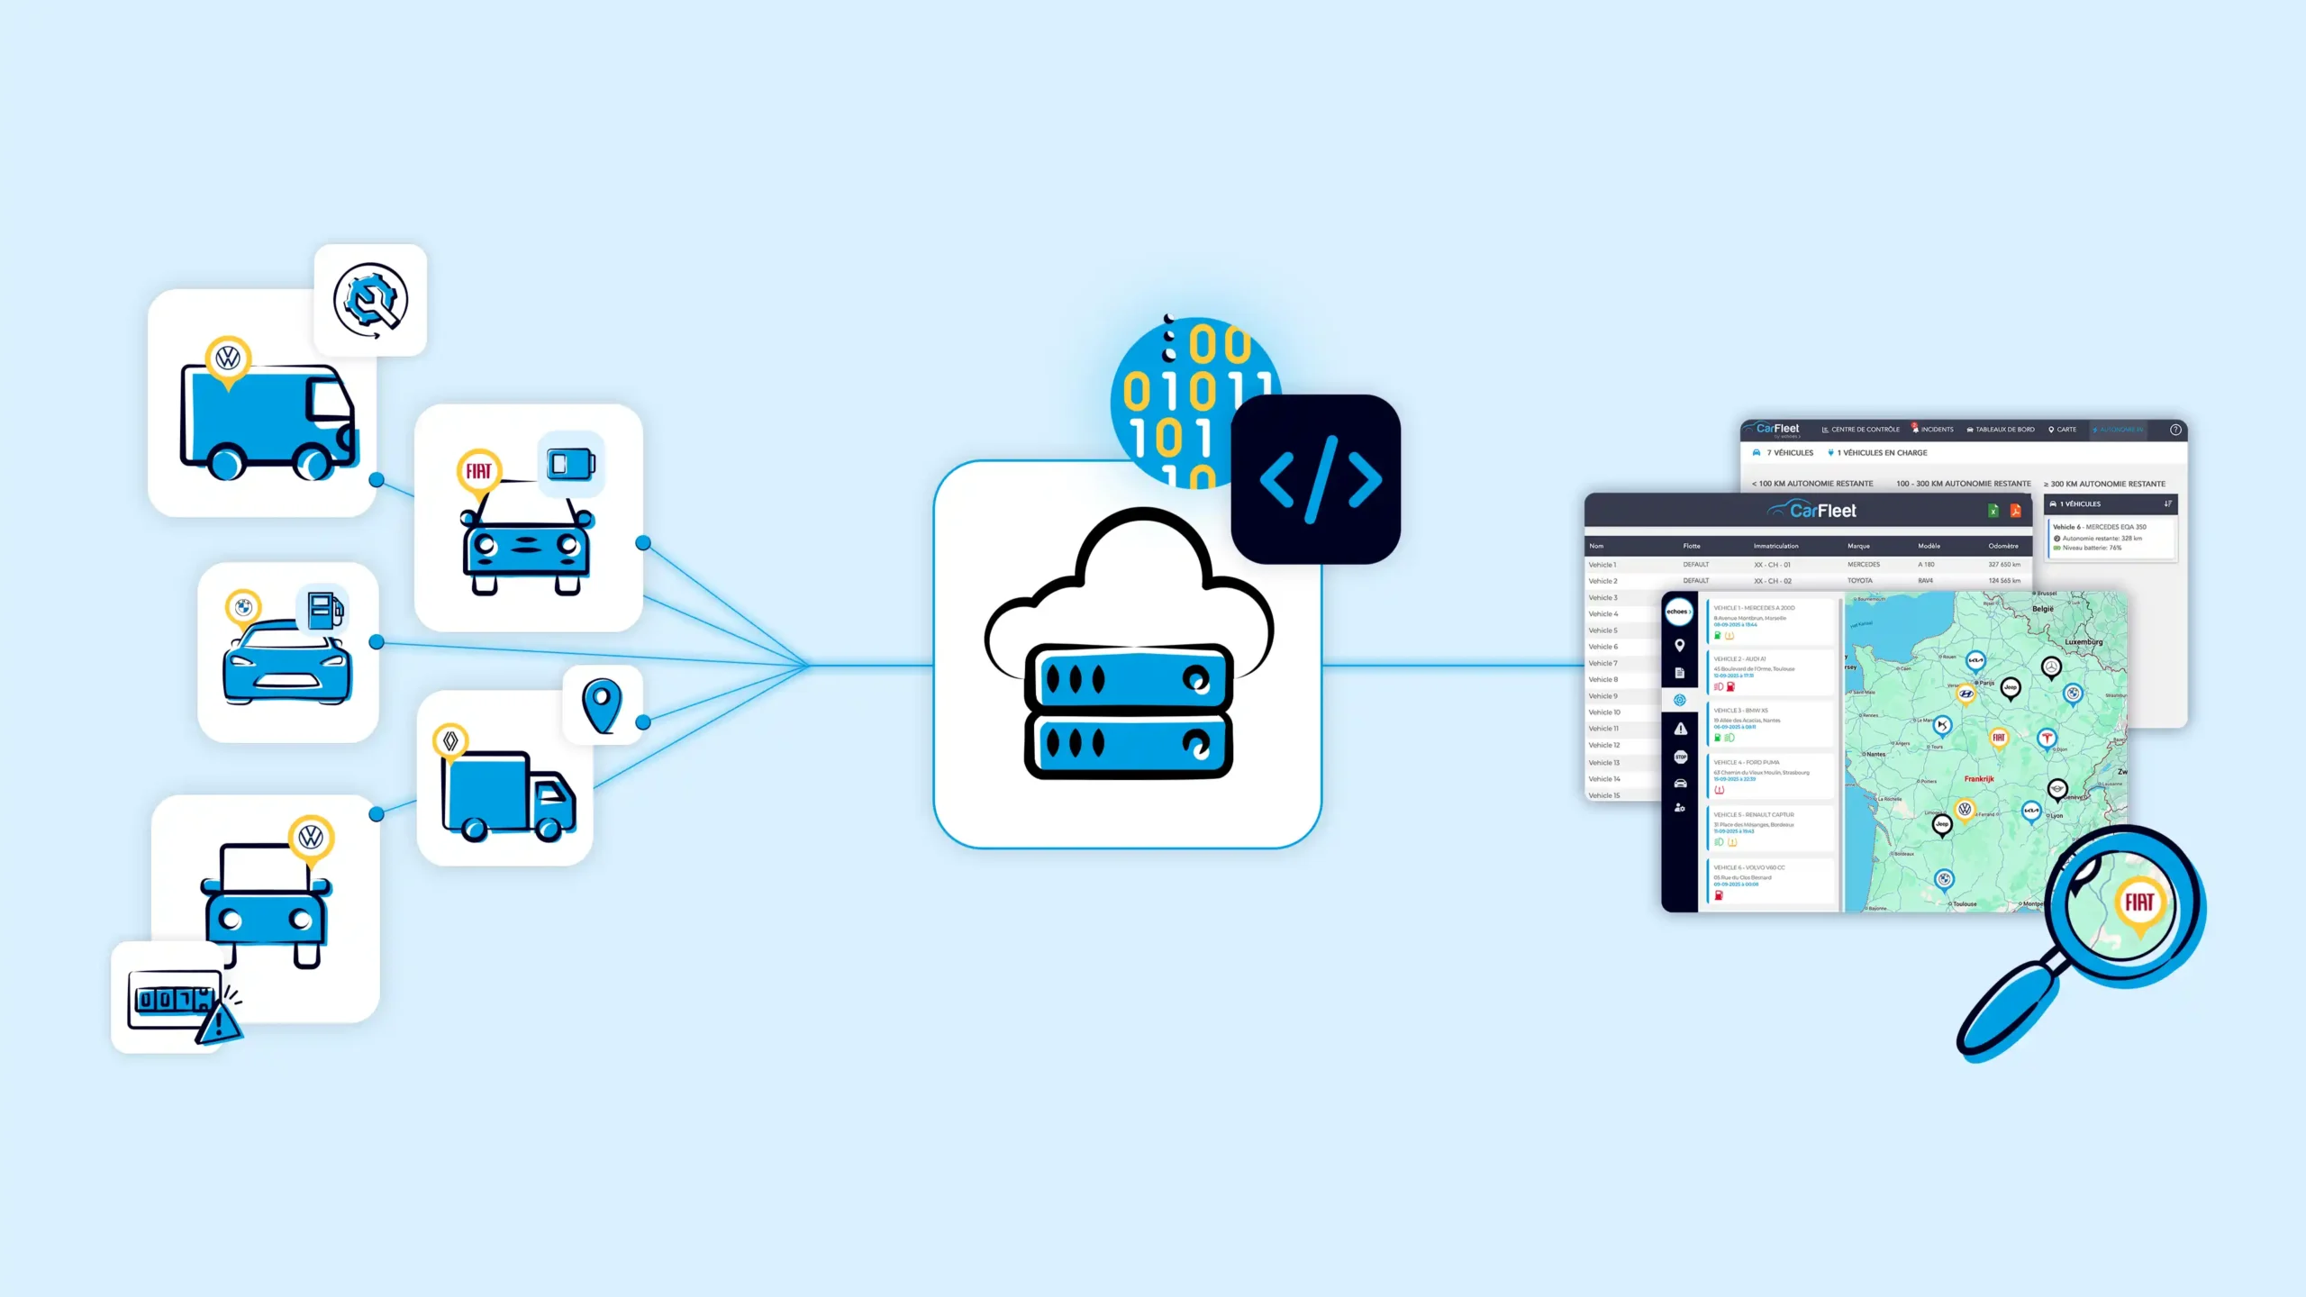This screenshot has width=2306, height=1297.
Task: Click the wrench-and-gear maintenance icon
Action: point(370,300)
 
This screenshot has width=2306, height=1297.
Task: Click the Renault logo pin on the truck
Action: point(450,741)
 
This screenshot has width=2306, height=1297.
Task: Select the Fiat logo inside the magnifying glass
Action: point(2139,902)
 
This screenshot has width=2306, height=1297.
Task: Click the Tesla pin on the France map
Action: point(2047,739)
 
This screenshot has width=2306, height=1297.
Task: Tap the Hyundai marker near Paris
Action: point(1966,694)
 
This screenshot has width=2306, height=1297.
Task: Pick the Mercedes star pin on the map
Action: point(2051,667)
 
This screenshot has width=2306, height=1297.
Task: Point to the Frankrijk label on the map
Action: point(1979,779)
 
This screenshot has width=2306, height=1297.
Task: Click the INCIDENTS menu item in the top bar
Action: point(1937,430)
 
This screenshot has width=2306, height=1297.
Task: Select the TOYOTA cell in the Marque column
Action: point(1859,581)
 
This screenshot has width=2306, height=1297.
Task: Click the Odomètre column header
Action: point(2003,546)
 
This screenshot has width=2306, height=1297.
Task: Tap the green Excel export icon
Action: point(1993,511)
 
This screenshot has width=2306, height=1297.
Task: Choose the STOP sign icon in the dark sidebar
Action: point(1680,757)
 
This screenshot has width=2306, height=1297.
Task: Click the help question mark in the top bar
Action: point(2174,430)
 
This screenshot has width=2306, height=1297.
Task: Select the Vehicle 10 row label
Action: point(1604,712)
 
